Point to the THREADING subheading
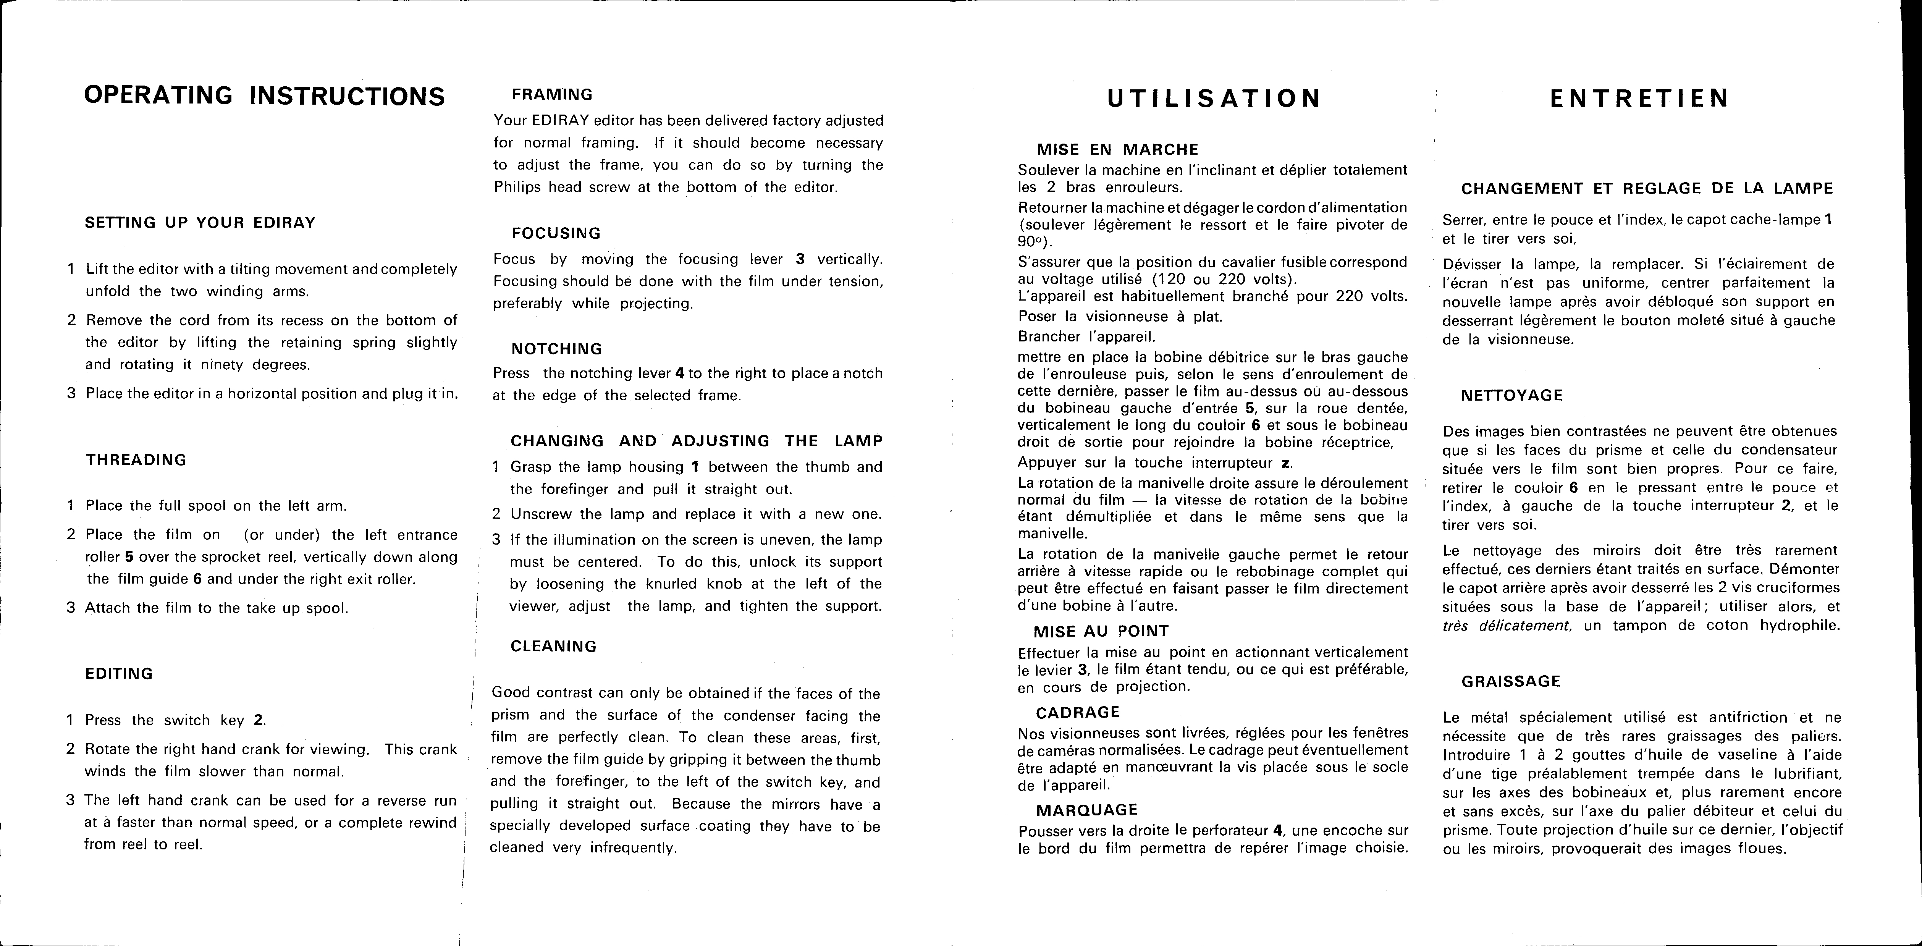[137, 459]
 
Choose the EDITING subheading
[120, 674]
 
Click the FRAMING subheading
[552, 95]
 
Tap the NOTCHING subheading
[557, 349]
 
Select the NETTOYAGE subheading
[1511, 395]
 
